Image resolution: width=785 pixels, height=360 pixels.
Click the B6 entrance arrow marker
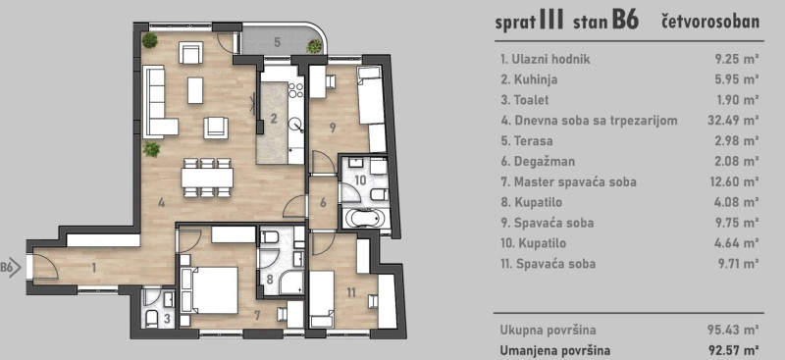click(x=11, y=267)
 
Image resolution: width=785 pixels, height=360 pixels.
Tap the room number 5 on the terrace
click(x=277, y=42)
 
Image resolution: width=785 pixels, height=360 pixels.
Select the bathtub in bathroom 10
click(x=365, y=219)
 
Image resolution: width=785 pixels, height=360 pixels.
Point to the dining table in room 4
click(x=207, y=178)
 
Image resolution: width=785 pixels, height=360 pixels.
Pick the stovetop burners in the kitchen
click(x=296, y=89)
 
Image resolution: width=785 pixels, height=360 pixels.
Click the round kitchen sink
click(x=297, y=124)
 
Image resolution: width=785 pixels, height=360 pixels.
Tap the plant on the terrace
click(x=314, y=46)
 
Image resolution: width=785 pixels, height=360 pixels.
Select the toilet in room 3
click(x=151, y=318)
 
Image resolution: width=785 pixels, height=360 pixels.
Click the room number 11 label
click(x=351, y=292)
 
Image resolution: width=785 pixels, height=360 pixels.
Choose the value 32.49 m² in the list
click(x=737, y=121)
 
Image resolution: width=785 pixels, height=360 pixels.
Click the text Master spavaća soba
click(x=575, y=181)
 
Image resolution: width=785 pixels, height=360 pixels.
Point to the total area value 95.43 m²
click(x=737, y=331)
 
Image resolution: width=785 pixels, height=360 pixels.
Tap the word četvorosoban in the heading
click(x=709, y=22)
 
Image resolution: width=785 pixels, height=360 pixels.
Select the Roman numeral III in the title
click(x=551, y=21)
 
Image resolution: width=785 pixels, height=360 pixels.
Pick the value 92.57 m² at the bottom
click(x=737, y=350)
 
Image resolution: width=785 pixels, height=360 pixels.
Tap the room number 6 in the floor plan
click(x=323, y=203)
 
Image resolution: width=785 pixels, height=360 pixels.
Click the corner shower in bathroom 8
click(x=290, y=283)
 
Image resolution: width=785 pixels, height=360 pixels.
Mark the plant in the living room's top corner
click(x=149, y=40)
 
